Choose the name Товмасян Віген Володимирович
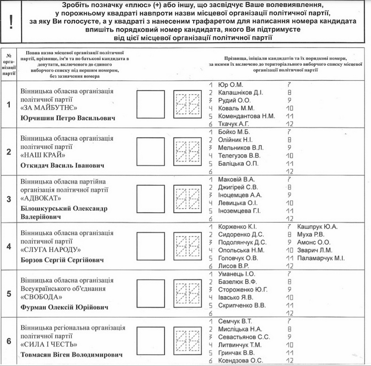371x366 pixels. (x=72, y=355)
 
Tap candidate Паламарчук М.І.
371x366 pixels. (x=321, y=258)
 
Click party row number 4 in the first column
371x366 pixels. (x=8, y=246)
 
